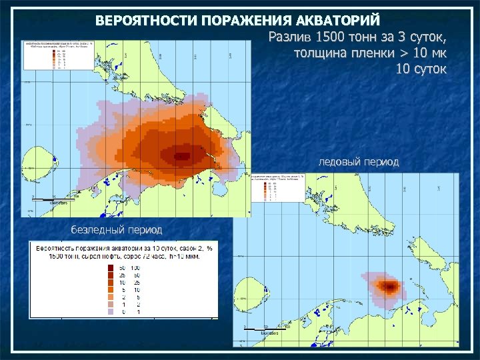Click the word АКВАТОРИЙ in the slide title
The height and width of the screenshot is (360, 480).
(342, 20)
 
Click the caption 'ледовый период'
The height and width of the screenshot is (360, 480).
(359, 161)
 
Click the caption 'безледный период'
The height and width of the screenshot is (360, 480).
(117, 229)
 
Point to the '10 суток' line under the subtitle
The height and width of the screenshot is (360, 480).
(421, 69)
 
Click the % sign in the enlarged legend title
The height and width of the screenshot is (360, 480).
(209, 247)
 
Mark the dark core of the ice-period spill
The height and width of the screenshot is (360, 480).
(389, 287)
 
